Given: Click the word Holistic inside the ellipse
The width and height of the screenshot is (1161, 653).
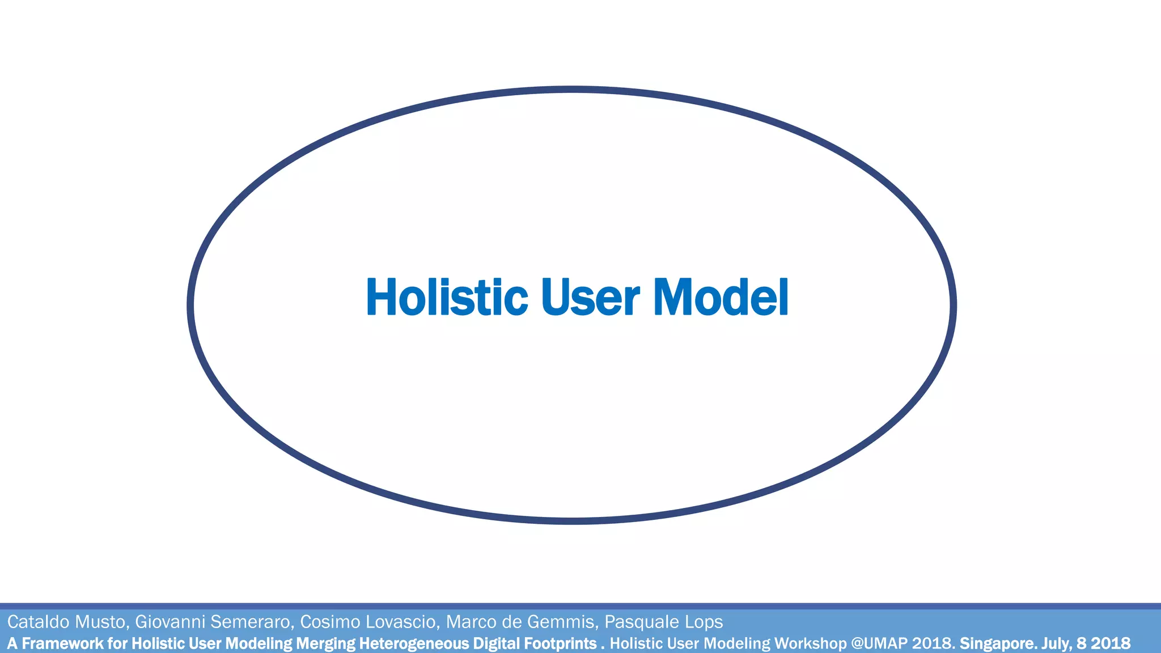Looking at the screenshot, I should coord(447,297).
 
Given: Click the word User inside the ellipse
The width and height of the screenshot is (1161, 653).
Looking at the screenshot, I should coord(590,297).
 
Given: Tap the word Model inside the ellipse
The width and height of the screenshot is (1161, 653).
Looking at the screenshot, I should coord(721,297).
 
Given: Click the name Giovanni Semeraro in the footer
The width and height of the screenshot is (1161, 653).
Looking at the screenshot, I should coord(213,622).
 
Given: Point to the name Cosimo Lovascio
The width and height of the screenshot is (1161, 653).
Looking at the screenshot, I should coord(368,622).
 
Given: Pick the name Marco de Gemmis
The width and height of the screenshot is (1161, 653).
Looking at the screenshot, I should coord(521,622).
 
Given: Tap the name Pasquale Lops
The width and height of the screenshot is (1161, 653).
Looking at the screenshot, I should coord(663,622).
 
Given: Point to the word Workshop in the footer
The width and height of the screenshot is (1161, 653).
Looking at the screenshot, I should coord(810,643).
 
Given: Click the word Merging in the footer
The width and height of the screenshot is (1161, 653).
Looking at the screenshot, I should coord(326,643).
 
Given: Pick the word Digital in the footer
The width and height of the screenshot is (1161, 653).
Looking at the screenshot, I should coord(497,643).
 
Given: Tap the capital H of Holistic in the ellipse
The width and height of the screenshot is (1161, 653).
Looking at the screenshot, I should coord(380,297).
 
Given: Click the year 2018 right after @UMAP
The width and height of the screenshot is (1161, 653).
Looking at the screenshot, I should coord(933,643).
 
